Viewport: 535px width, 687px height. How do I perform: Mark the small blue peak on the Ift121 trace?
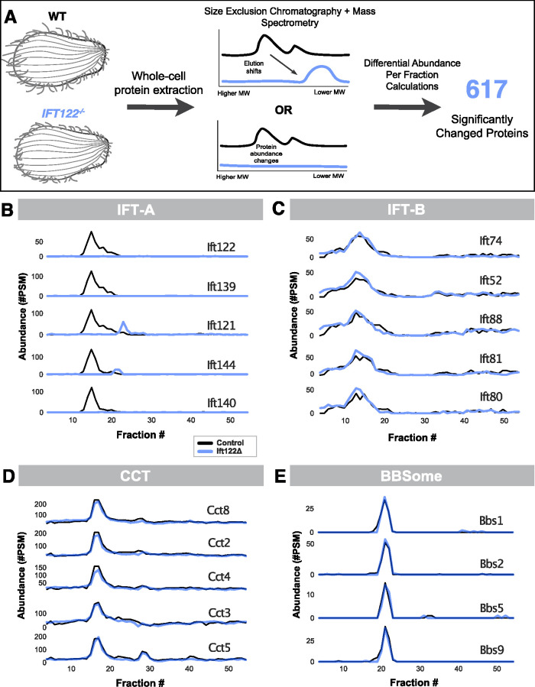click(123, 323)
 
